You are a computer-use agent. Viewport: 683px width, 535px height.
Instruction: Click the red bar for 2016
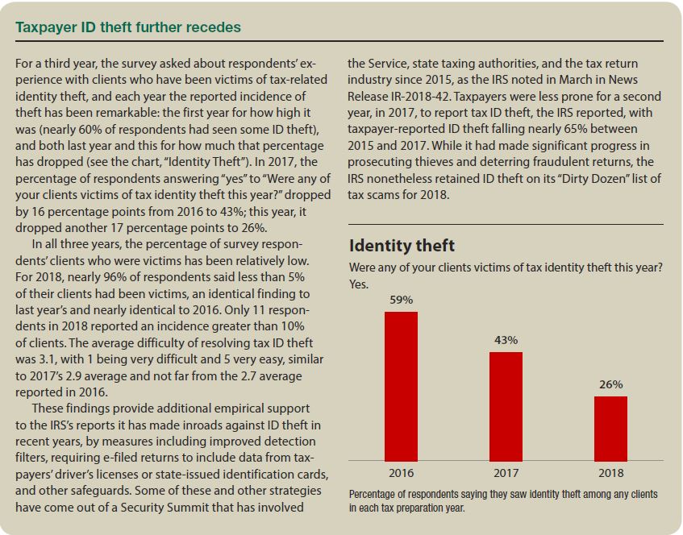pyautogui.click(x=401, y=385)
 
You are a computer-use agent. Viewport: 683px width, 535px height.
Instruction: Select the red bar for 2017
pyautogui.click(x=506, y=405)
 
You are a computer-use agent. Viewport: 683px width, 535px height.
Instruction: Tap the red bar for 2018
pyautogui.click(x=610, y=428)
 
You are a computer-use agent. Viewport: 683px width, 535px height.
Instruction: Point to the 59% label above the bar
pyautogui.click(x=401, y=300)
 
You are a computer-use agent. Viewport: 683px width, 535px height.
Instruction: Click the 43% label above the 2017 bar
pyautogui.click(x=506, y=340)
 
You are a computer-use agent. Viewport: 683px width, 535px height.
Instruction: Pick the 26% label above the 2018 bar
pyautogui.click(x=610, y=384)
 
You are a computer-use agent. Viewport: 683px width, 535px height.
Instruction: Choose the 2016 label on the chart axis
pyautogui.click(x=401, y=473)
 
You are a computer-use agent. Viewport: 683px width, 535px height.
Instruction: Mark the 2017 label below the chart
pyautogui.click(x=506, y=473)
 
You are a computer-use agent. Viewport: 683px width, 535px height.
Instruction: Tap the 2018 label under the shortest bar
pyautogui.click(x=610, y=473)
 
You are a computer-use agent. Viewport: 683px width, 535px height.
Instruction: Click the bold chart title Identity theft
pyautogui.click(x=402, y=246)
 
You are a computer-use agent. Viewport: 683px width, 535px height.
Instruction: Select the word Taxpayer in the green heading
pyautogui.click(x=44, y=27)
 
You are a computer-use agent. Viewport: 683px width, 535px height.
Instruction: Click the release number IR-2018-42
pyautogui.click(x=423, y=95)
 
